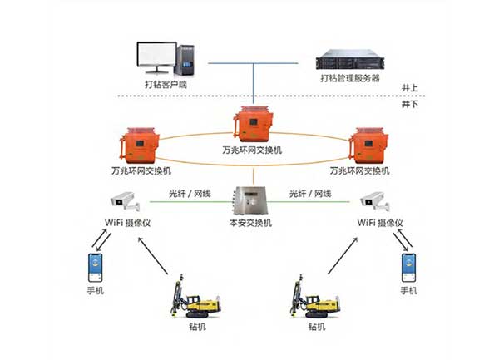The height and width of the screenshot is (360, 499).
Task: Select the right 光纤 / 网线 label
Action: click(310, 194)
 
